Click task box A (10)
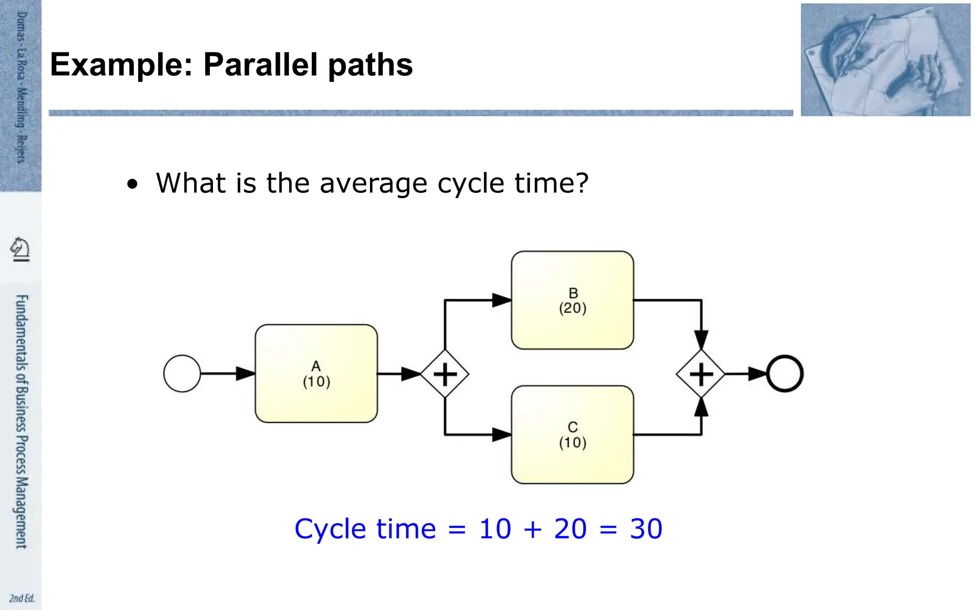pyautogui.click(x=316, y=374)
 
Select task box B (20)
pyautogui.click(x=572, y=300)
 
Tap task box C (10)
pyautogui.click(x=572, y=435)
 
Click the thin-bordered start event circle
pyautogui.click(x=182, y=374)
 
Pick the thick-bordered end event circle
pyautogui.click(x=785, y=374)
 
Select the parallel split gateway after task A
pyautogui.click(x=445, y=374)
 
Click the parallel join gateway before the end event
pyautogui.click(x=701, y=374)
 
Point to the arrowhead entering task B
pyautogui.click(x=502, y=300)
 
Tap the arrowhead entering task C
pyautogui.click(x=502, y=435)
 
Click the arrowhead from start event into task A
pyautogui.click(x=246, y=374)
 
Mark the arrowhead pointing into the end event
pyautogui.click(x=757, y=374)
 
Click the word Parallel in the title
pyautogui.click(x=260, y=65)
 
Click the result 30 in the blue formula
pyautogui.click(x=646, y=529)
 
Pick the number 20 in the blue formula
pyautogui.click(x=570, y=529)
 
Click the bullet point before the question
pyautogui.click(x=132, y=184)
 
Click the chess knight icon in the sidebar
pyautogui.click(x=20, y=249)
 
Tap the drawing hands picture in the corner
pyautogui.click(x=885, y=60)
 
